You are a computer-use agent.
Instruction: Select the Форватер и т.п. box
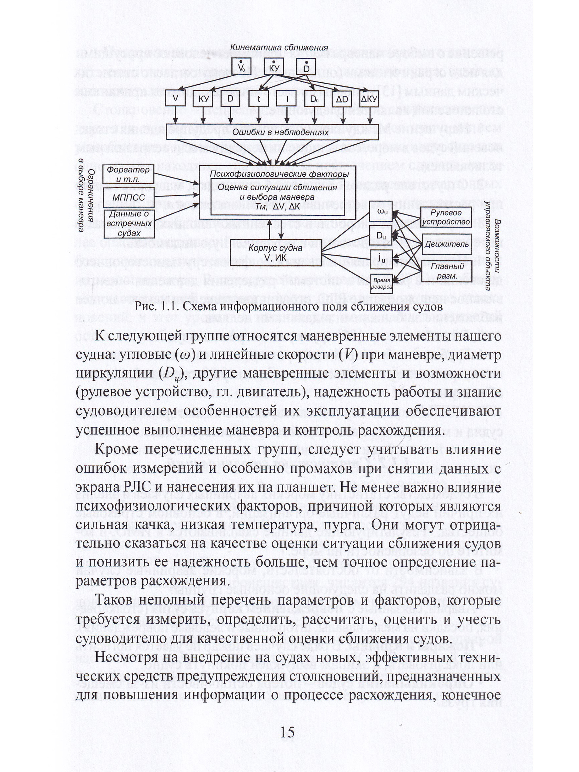[x=128, y=174]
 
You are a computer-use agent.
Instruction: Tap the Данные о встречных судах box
[x=128, y=223]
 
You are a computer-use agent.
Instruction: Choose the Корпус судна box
[x=275, y=252]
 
